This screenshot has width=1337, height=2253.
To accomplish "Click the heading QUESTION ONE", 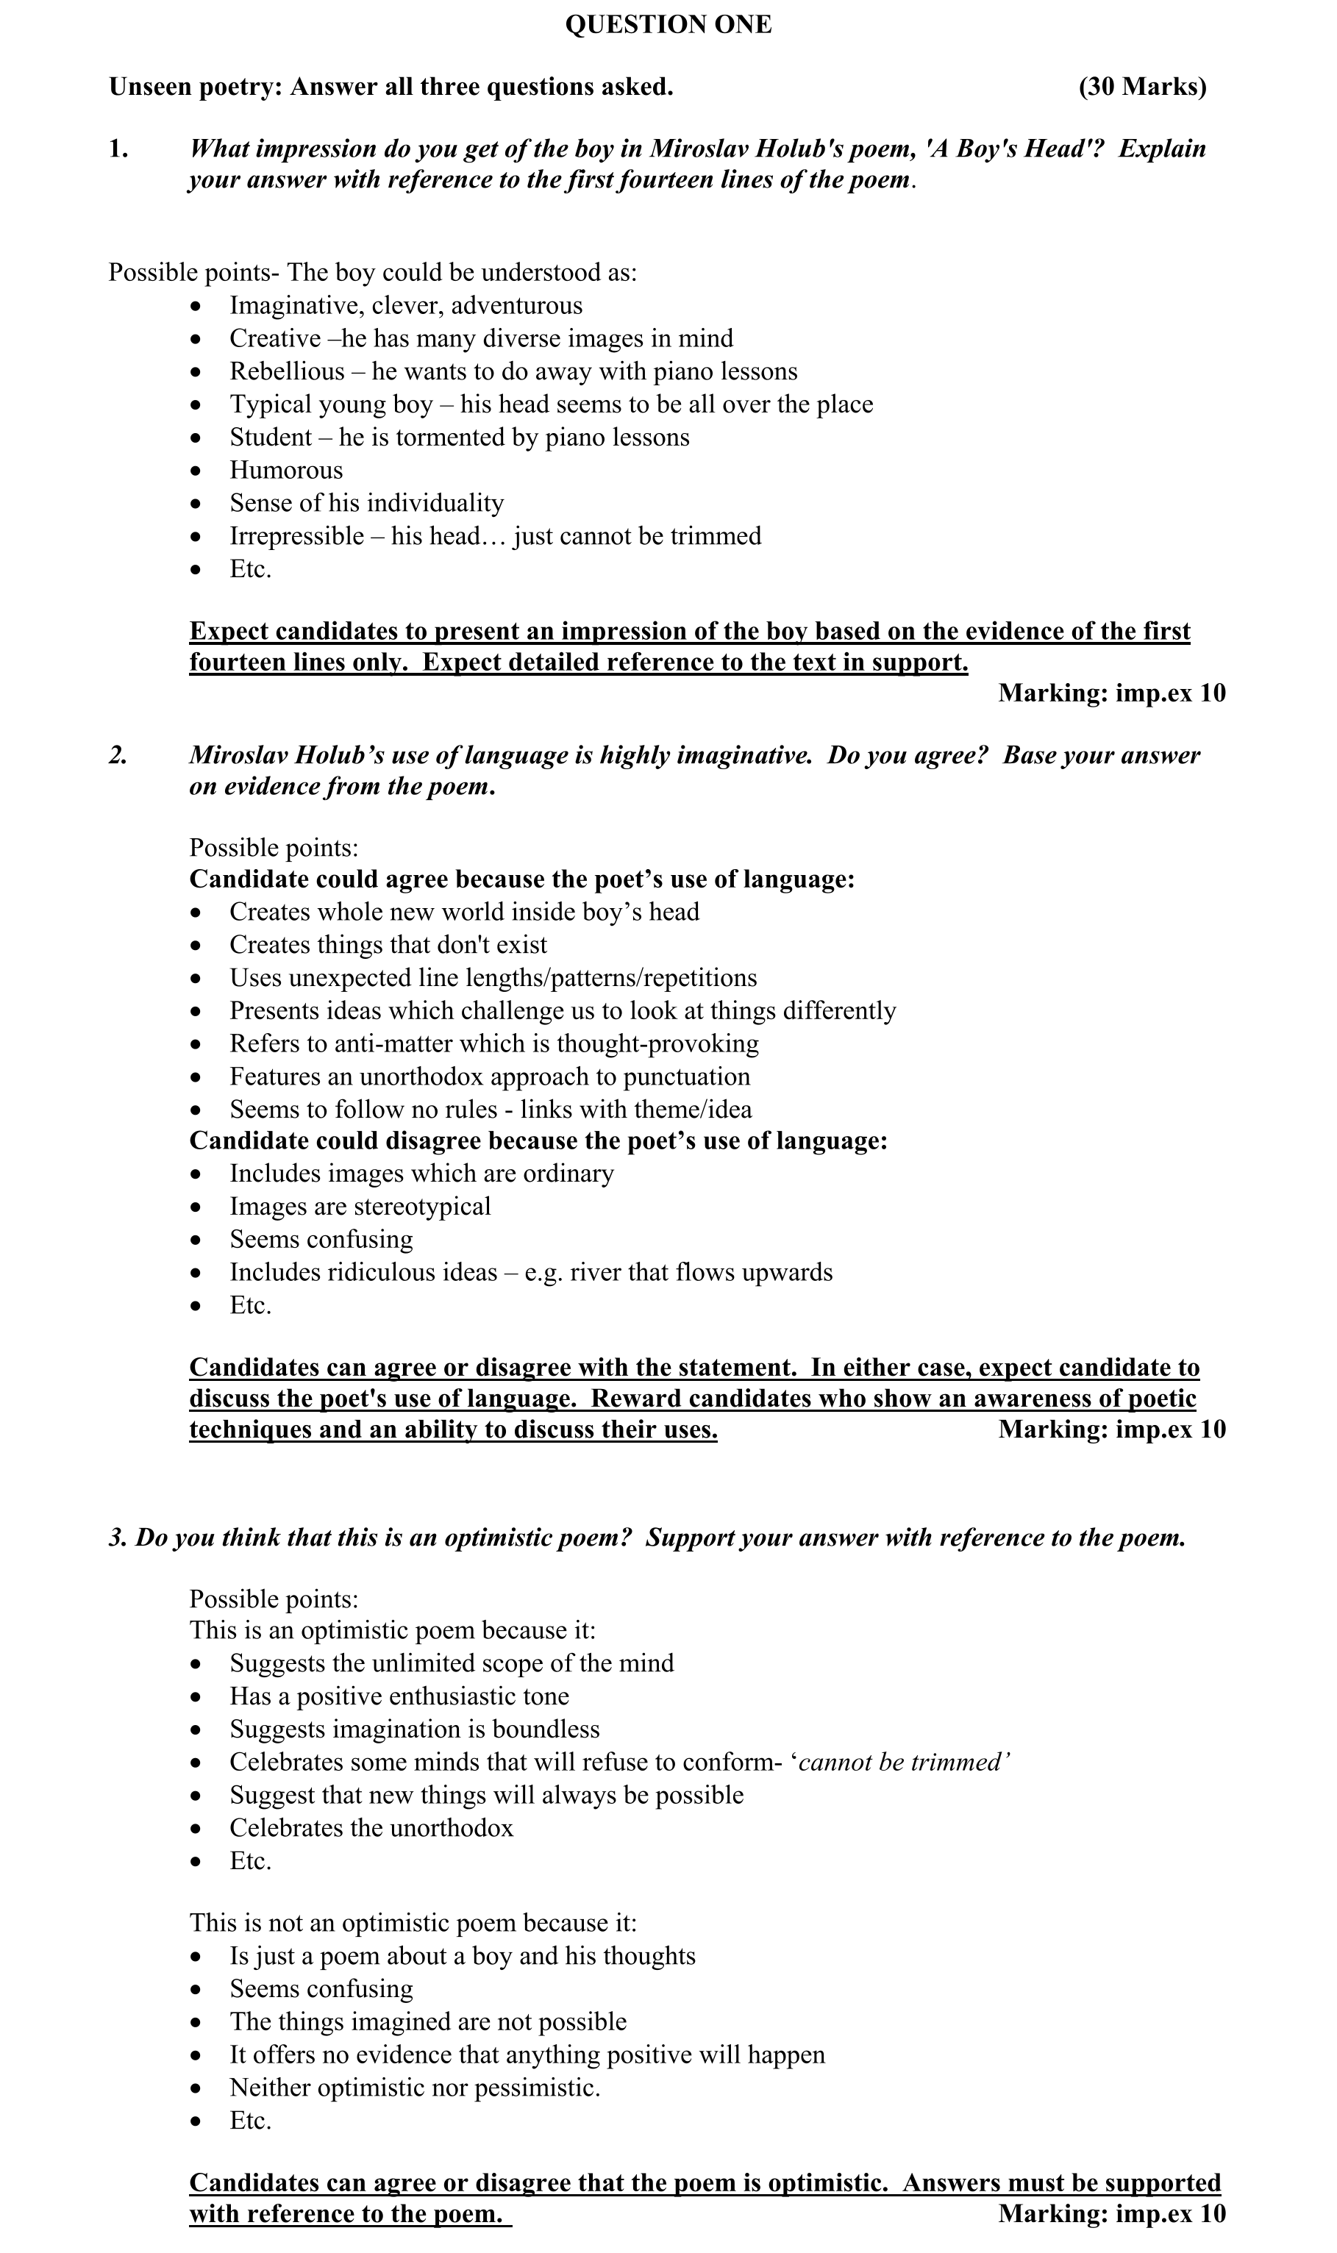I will pyautogui.click(x=668, y=25).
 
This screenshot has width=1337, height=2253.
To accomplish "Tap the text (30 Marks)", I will pyautogui.click(x=1142, y=88).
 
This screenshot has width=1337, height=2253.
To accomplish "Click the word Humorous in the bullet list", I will pyautogui.click(x=285, y=471).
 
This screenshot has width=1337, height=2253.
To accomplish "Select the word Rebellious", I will pyautogui.click(x=287, y=371).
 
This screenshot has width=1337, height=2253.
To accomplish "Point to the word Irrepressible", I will pyautogui.click(x=296, y=536).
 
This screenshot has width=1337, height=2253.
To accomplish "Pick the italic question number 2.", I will pyautogui.click(x=118, y=755).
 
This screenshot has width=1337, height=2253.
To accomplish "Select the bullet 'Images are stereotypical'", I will pyautogui.click(x=360, y=1206).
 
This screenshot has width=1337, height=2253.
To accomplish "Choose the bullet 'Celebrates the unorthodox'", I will pyautogui.click(x=371, y=1827).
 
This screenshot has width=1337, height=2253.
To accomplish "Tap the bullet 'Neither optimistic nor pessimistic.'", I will pyautogui.click(x=415, y=2088).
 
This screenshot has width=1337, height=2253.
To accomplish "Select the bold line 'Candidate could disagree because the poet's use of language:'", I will pyautogui.click(x=538, y=1140).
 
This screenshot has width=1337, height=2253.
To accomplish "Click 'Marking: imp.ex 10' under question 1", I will pyautogui.click(x=1112, y=693).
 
